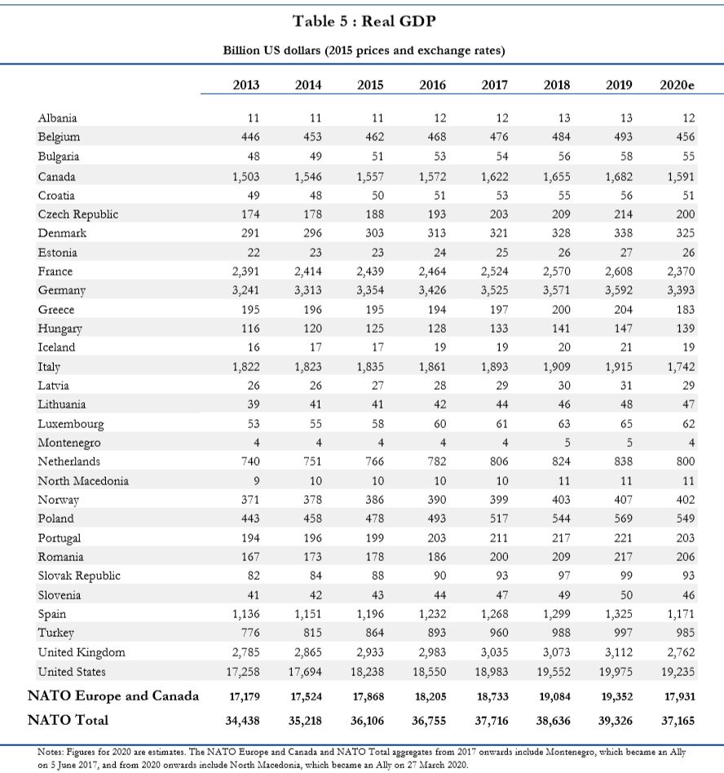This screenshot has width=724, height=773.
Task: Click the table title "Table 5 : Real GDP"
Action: coord(364,21)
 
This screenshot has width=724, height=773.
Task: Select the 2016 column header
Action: coord(432,85)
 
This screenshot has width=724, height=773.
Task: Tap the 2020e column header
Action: coord(677,85)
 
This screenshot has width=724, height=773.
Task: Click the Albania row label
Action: coord(57,117)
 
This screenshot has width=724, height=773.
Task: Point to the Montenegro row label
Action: coord(69,443)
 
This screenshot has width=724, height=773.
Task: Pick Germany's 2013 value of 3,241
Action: coord(245,290)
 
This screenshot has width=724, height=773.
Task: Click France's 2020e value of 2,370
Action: coord(681,272)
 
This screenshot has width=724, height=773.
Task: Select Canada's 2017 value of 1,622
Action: coord(494,176)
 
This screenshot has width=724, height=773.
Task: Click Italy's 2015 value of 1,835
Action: coord(370,367)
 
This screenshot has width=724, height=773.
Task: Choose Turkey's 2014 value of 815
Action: coord(312,633)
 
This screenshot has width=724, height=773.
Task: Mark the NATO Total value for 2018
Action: coord(553,721)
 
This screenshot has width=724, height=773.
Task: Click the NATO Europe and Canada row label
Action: coord(113,696)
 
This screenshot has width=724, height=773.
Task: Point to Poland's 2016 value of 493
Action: coord(437,519)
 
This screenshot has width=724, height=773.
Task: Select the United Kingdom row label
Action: coord(82,652)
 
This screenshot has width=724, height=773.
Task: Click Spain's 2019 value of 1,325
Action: coord(619,614)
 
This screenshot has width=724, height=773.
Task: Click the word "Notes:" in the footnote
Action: coord(51,753)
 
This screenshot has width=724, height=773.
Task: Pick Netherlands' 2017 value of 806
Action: coord(499,462)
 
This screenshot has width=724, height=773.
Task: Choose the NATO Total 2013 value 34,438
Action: coord(242,721)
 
